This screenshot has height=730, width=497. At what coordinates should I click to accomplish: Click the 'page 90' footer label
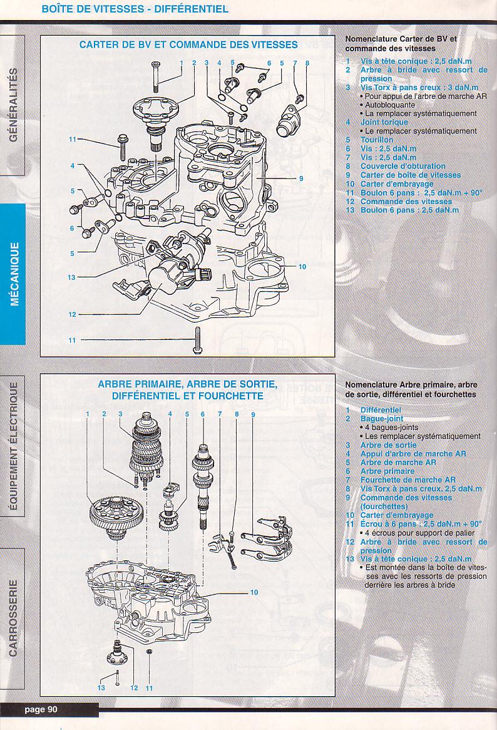point(41,709)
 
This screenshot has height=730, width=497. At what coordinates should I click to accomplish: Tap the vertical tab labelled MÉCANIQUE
point(14,274)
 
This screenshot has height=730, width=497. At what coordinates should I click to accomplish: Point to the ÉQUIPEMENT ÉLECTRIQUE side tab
point(14,445)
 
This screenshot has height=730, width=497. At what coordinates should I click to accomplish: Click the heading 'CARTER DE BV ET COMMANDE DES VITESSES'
point(188,45)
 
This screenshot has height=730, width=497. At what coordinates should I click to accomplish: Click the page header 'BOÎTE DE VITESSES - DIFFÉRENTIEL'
point(135,9)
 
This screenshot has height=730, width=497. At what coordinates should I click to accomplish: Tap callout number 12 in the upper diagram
point(72,314)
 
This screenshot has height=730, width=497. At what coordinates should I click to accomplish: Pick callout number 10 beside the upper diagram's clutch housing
point(302,267)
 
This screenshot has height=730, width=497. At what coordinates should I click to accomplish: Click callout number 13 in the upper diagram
point(72,277)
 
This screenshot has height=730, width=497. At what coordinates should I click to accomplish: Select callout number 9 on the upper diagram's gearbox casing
point(301,178)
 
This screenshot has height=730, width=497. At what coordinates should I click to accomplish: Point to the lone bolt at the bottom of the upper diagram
point(197,340)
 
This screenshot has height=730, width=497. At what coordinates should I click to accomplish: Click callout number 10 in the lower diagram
point(254,592)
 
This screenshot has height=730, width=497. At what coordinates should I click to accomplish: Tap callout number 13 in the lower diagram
point(101,688)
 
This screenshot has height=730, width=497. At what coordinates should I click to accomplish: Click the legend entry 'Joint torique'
point(384,122)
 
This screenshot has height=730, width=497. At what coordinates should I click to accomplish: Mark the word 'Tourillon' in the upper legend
point(377,140)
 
